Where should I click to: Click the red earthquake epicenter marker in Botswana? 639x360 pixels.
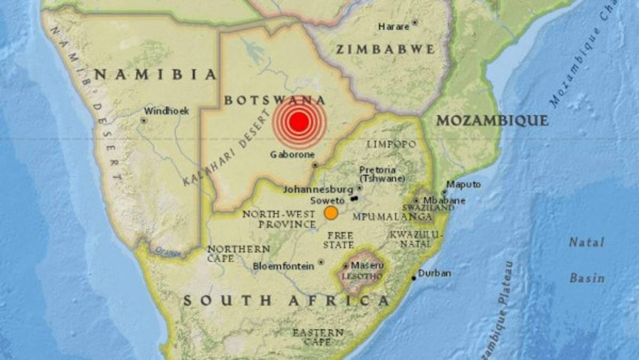tap(299, 122)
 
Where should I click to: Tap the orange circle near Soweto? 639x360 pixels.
tap(331, 213)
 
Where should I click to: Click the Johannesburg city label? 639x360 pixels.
tap(318, 189)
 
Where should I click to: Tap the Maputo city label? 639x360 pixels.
tap(463, 184)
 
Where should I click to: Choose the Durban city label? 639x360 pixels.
tap(435, 273)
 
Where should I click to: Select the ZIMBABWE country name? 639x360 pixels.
tap(385, 50)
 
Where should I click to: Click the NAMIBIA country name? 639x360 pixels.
tap(155, 75)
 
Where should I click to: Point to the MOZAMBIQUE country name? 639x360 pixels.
tap(492, 121)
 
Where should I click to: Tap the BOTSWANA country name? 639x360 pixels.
tap(275, 100)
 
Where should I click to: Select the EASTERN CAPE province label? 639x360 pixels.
tap(318, 337)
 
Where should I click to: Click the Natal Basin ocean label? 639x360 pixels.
tap(587, 260)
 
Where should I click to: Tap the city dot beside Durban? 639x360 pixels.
tap(414, 278)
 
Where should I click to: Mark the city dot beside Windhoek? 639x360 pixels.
tap(143, 120)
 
